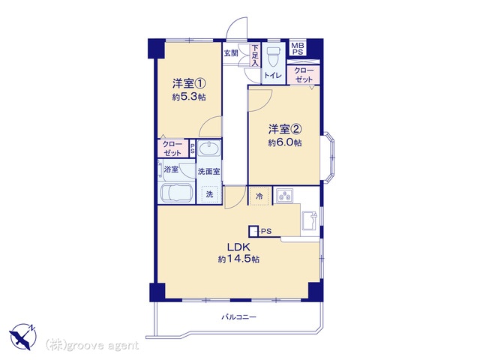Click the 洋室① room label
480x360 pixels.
click(189, 83)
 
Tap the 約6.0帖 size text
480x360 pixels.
click(285, 142)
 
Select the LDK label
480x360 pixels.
click(238, 247)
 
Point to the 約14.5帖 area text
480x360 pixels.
click(238, 259)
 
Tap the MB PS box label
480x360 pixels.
click(297, 48)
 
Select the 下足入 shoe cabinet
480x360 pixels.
click(255, 55)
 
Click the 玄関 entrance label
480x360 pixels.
click(231, 53)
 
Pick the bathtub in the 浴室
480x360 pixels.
click(177, 193)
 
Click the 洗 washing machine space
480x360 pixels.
click(210, 194)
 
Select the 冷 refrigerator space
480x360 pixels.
click(259, 196)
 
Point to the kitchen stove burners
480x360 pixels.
click(285, 196)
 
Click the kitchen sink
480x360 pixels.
click(310, 220)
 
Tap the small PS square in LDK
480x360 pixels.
click(253, 231)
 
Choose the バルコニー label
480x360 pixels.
click(238, 317)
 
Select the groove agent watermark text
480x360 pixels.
click(91, 346)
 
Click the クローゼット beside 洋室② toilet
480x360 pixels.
click(304, 75)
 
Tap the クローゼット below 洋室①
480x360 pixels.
click(173, 148)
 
